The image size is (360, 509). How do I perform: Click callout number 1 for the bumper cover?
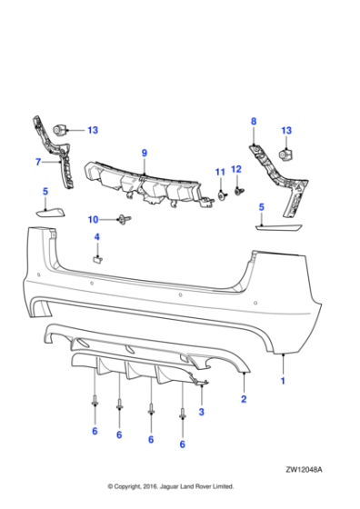pos(282,382)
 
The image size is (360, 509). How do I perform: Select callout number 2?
pos(244,398)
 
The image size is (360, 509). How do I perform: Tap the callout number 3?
pos(201,412)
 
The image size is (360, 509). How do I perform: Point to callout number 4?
pos(96,237)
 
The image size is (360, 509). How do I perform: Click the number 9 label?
pos(144,152)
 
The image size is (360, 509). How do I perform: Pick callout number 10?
pos(93,219)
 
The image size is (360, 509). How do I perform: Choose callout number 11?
pos(219,172)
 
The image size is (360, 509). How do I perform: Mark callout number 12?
pos(236,169)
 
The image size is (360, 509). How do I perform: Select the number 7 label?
pos(38,162)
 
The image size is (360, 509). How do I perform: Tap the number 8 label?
pos(254,121)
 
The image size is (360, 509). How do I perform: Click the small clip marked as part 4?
pos(96,257)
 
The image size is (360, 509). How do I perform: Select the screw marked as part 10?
pos(121,219)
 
